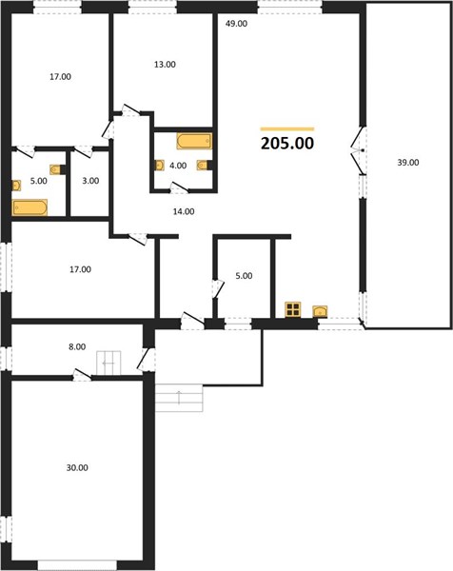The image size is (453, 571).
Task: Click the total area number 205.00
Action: (287, 143)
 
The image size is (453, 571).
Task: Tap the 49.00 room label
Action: (236, 24)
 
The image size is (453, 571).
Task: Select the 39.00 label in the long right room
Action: (408, 163)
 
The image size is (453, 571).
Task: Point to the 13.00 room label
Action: (165, 65)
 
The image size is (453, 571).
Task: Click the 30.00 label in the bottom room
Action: (77, 467)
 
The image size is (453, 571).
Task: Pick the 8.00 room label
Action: (77, 346)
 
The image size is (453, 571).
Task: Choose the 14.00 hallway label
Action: (184, 211)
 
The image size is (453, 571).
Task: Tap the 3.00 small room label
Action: (90, 181)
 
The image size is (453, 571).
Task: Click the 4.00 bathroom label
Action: (178, 166)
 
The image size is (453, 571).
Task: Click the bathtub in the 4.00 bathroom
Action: (194, 141)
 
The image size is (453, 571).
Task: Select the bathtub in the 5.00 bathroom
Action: (30, 207)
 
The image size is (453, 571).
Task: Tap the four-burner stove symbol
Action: (293, 309)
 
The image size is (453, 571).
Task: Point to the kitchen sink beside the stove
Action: (320, 311)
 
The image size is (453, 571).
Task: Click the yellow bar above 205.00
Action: (287, 128)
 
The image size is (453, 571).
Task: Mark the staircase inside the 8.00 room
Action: (108, 363)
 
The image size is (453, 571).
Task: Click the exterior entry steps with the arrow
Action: (179, 398)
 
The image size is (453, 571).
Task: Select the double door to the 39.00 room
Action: (359, 150)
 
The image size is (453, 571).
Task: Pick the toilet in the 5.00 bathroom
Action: (57, 169)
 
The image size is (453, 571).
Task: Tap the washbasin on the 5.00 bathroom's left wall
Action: (16, 186)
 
